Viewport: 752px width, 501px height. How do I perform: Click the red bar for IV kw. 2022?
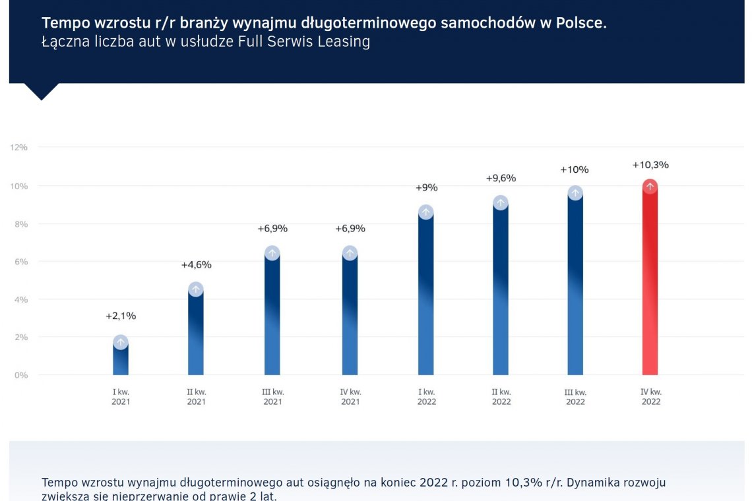point(650,283)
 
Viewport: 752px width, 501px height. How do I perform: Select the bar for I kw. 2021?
point(120,359)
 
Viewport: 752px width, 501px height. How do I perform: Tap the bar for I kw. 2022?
point(426,297)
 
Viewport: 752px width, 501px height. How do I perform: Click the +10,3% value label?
point(650,165)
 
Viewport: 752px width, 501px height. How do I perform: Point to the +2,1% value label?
point(121,316)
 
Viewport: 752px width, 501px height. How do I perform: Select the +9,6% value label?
point(501,178)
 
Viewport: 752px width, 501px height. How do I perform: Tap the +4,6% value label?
point(196,265)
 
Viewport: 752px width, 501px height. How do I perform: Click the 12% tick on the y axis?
point(18,147)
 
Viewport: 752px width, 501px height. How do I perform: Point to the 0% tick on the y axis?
point(20,375)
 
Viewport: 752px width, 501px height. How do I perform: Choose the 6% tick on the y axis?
point(20,262)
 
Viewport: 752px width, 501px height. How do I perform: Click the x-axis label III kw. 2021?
point(272,397)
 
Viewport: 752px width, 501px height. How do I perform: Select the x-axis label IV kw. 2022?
point(651,397)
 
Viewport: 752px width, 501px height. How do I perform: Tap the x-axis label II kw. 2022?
point(501,397)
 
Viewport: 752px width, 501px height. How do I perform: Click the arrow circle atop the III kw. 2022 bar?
point(575,192)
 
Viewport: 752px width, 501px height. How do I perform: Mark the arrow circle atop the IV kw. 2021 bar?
point(350,253)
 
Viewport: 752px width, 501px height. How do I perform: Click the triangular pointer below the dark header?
point(41,91)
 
